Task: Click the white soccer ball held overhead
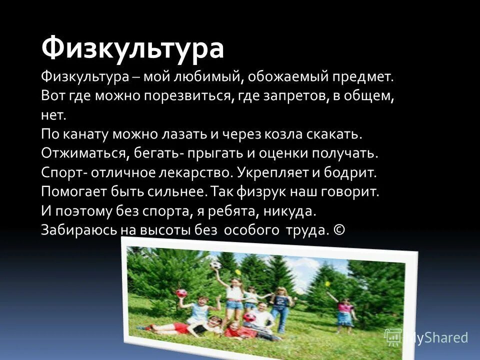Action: click(x=215, y=265)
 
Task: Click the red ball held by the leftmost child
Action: click(x=181, y=293)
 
